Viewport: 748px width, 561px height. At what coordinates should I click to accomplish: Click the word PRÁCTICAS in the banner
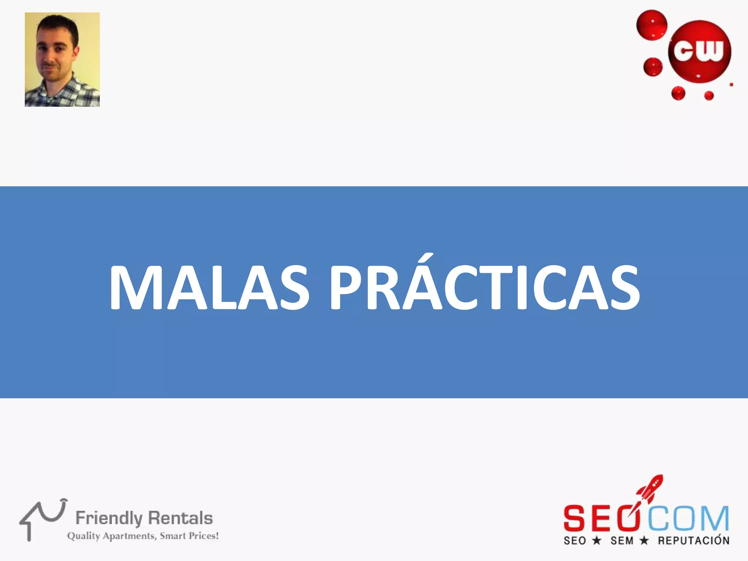click(x=485, y=288)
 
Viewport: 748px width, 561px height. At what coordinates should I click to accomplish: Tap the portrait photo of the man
click(x=62, y=60)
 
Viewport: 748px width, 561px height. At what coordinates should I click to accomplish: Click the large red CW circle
click(x=699, y=51)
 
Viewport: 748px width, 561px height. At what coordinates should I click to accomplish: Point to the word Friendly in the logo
click(x=108, y=518)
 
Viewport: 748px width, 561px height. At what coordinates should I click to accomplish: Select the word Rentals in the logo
click(x=180, y=518)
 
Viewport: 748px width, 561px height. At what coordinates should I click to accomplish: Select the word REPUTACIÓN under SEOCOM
click(x=694, y=541)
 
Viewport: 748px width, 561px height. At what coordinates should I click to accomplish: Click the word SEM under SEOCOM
click(x=622, y=541)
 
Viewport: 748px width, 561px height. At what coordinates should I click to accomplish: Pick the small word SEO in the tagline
click(x=575, y=541)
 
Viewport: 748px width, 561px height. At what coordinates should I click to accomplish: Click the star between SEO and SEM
click(x=596, y=540)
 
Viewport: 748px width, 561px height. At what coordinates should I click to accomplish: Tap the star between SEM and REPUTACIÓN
click(x=644, y=540)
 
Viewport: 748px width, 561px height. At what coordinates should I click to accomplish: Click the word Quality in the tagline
click(x=84, y=536)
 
